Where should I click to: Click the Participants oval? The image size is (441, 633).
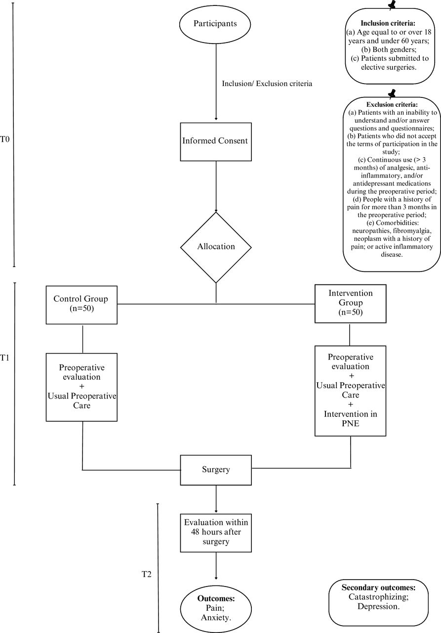(x=215, y=24)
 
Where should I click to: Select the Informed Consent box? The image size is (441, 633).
(x=216, y=142)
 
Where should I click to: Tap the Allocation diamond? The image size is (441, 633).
(x=216, y=247)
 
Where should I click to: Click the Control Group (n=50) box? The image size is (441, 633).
(x=81, y=305)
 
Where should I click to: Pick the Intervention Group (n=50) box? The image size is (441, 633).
(x=351, y=304)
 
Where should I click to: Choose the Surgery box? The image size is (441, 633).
(x=216, y=470)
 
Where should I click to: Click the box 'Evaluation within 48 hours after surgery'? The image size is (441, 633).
(x=216, y=533)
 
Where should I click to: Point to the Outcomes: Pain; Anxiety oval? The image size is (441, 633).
(x=216, y=608)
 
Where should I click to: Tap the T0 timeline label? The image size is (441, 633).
(x=5, y=139)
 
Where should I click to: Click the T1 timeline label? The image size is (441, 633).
(x=5, y=358)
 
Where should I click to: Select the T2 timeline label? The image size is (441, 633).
(x=147, y=574)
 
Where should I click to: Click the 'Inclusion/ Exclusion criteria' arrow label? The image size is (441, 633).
(x=267, y=84)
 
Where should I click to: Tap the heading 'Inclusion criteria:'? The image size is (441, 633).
(x=388, y=23)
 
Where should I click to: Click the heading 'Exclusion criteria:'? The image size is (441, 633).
(x=392, y=104)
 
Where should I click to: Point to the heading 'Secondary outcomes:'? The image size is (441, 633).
(x=378, y=588)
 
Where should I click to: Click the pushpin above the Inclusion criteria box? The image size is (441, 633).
(x=392, y=5)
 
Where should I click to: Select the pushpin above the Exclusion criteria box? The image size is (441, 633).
(x=392, y=94)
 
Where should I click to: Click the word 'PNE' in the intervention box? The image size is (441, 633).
(x=351, y=424)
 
